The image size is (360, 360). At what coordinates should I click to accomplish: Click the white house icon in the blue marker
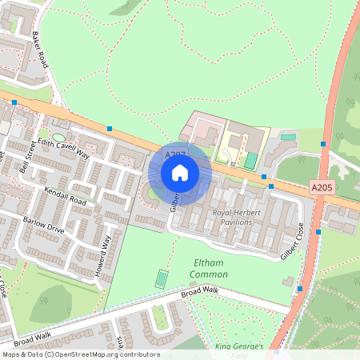tap(180, 172)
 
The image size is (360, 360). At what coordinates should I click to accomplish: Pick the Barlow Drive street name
tap(43, 225)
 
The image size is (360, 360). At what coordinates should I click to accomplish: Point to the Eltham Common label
tap(209, 269)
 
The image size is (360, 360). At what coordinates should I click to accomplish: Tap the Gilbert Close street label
tap(294, 241)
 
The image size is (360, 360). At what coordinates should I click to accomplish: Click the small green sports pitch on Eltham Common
tap(162, 278)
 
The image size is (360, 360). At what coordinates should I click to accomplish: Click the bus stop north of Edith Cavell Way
tap(110, 128)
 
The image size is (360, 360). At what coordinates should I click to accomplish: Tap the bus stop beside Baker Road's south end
tap(14, 103)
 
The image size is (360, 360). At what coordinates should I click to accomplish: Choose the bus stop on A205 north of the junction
tap(323, 144)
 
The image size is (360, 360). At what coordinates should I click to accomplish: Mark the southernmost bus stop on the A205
tap(300, 289)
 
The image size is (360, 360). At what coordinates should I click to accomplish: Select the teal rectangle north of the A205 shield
tap(251, 160)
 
